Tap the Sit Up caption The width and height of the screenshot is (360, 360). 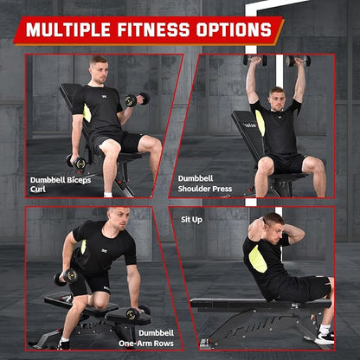click(x=191, y=220)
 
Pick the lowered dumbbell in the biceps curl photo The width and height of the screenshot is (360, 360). click(x=76, y=161)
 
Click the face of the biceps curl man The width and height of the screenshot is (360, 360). click(x=100, y=69)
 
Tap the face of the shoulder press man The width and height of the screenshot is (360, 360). click(x=277, y=97)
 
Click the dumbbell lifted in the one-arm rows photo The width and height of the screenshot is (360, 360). click(x=65, y=276)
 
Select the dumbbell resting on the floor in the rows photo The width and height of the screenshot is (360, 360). click(x=135, y=314)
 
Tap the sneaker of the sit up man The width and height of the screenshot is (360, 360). click(x=325, y=335)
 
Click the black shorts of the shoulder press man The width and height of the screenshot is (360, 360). click(x=289, y=163)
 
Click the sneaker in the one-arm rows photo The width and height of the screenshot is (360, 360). click(x=63, y=344)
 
